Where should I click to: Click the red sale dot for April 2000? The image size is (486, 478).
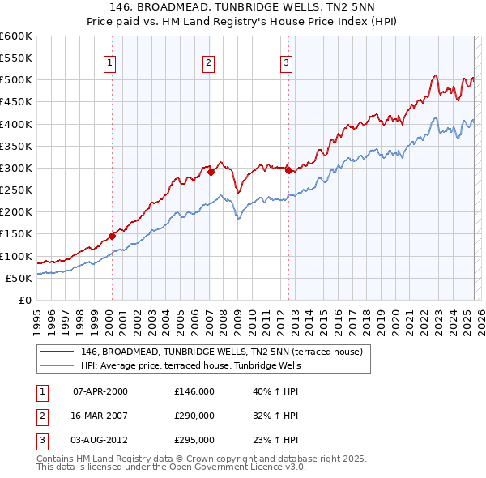point(112,236)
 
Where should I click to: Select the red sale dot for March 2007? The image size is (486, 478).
point(211,172)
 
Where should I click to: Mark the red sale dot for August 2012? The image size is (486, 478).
point(288,170)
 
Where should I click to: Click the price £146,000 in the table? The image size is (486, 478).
point(194,391)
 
